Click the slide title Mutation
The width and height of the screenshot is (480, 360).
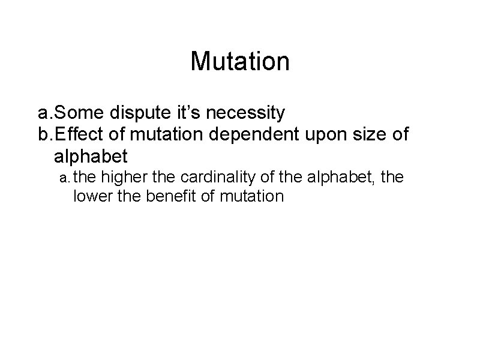click(240, 61)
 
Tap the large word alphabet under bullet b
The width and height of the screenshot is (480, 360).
click(91, 157)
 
